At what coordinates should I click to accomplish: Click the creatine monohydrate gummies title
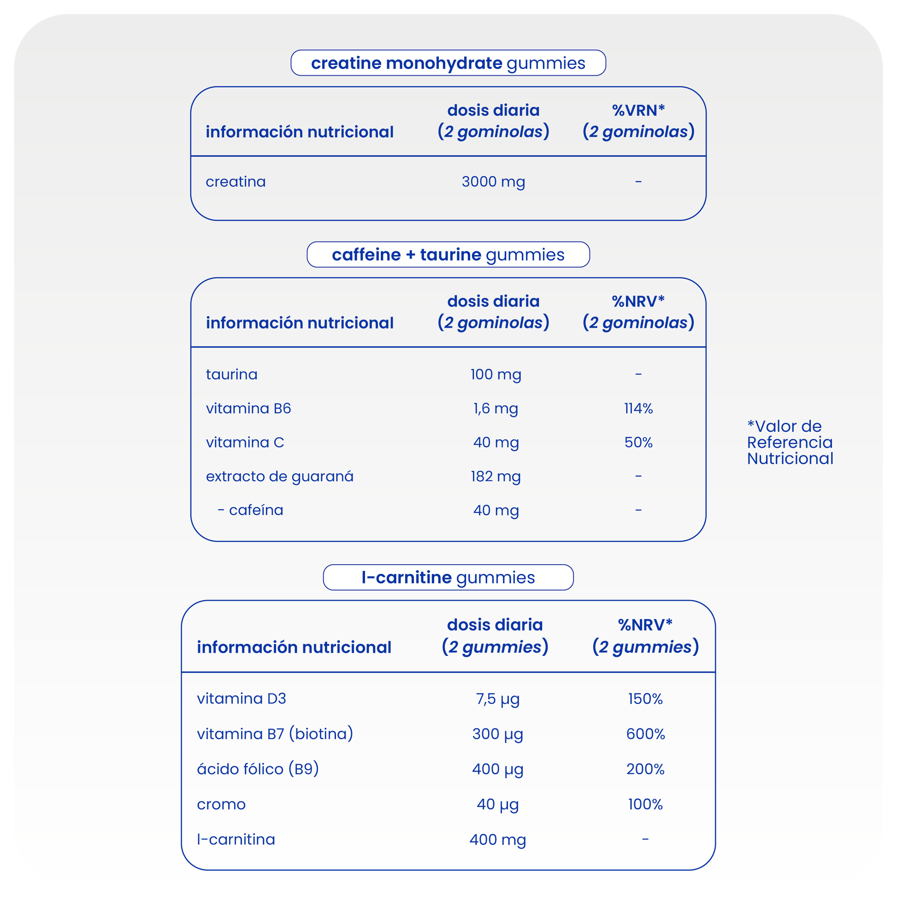click(x=448, y=63)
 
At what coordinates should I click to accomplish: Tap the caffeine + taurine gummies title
click(x=448, y=255)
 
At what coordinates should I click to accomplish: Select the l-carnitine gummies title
click(x=448, y=578)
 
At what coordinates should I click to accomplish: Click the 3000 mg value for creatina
click(x=493, y=182)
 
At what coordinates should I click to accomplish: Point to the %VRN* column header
click(x=638, y=121)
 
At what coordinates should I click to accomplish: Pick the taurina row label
click(x=232, y=375)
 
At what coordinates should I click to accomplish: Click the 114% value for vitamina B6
click(x=638, y=408)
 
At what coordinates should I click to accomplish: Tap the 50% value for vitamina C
click(x=638, y=443)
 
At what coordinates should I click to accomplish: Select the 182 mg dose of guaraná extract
click(x=496, y=477)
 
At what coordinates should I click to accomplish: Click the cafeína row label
click(x=255, y=511)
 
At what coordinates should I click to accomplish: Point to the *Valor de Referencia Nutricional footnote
click(x=790, y=443)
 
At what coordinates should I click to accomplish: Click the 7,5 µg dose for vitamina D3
click(x=497, y=699)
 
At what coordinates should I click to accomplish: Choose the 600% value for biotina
click(x=645, y=734)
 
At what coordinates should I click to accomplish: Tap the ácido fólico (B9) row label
click(x=258, y=769)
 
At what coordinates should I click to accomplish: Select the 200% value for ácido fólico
click(x=645, y=769)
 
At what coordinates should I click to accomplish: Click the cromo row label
click(x=221, y=805)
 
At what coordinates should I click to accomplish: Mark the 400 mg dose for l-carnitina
click(x=497, y=840)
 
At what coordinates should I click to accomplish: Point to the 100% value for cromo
click(x=645, y=805)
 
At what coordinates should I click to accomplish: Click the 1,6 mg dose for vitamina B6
click(x=496, y=408)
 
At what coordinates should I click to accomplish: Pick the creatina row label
click(x=236, y=182)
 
